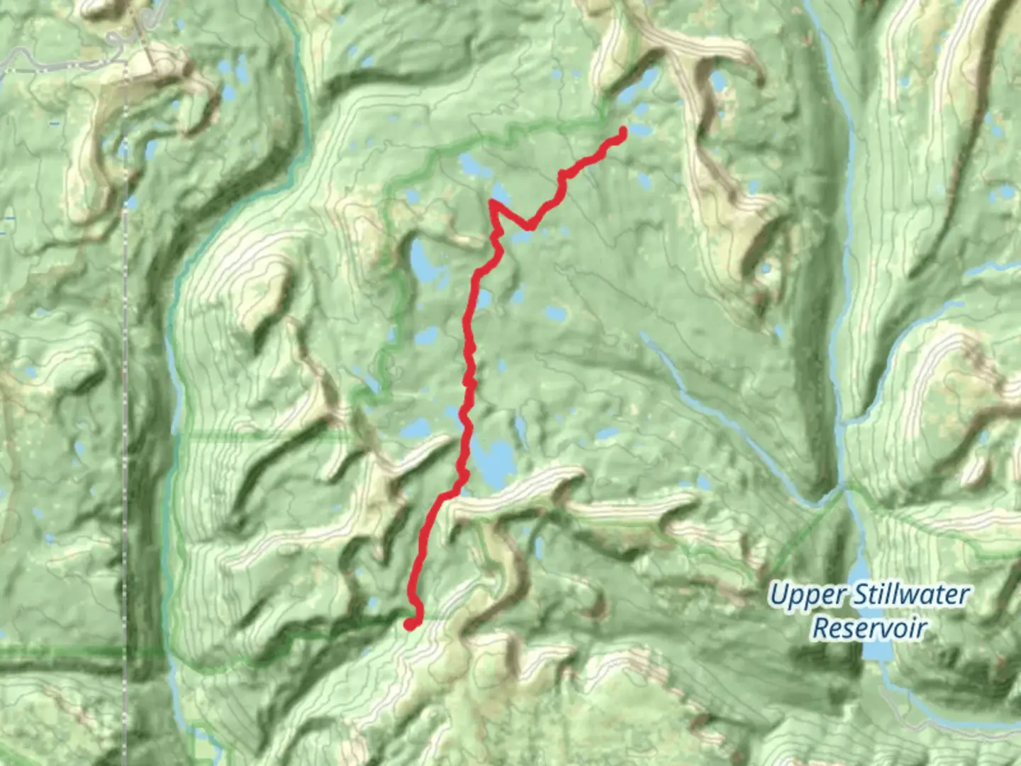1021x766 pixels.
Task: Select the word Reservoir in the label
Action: (869, 628)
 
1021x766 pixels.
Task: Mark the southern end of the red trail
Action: (411, 624)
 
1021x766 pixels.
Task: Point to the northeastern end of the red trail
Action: (623, 131)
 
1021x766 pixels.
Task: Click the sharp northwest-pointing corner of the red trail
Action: (491, 203)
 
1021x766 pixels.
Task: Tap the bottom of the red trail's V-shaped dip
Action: (528, 227)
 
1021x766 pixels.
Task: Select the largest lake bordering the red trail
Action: (494, 461)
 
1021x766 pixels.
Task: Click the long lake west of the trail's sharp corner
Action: (423, 261)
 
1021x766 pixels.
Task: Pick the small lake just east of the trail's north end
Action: (640, 131)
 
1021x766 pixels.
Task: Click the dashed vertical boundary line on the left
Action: (126, 426)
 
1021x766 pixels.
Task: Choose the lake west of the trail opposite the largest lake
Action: (418, 428)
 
